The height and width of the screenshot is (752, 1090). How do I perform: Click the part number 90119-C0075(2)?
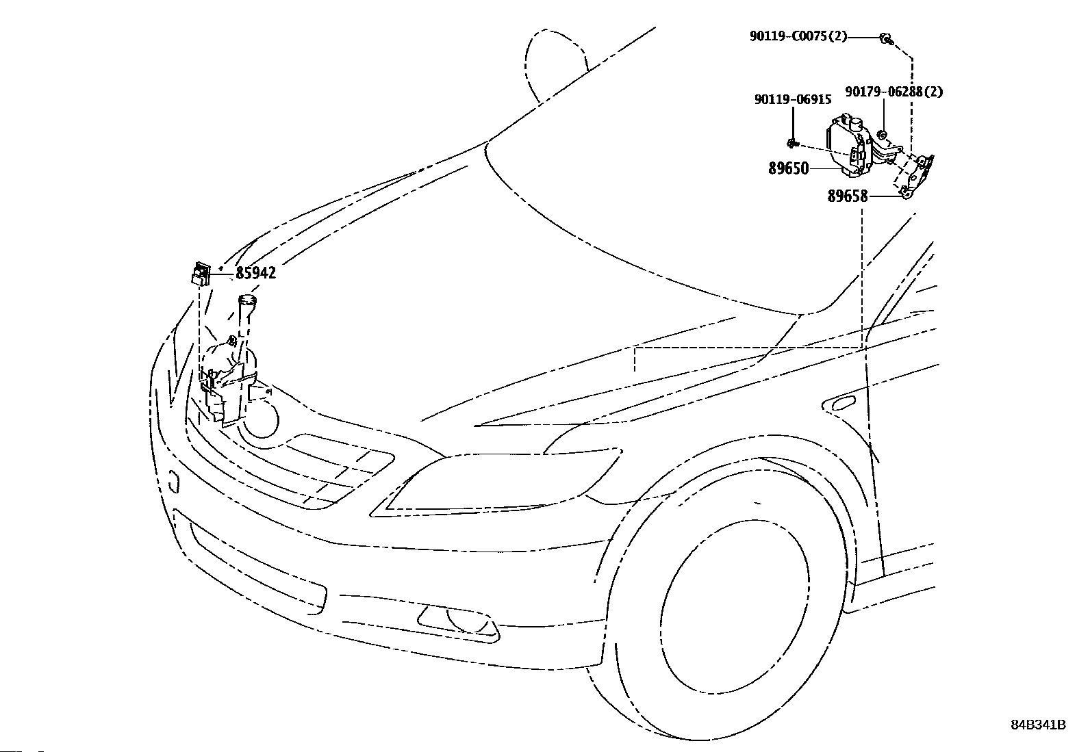click(798, 36)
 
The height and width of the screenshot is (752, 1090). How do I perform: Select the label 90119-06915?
click(793, 100)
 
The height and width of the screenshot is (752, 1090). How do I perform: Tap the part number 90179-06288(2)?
click(893, 92)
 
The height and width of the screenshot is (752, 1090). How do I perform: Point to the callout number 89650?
click(788, 168)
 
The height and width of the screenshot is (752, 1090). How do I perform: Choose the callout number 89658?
click(848, 196)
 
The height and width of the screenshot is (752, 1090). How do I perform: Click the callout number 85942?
click(255, 273)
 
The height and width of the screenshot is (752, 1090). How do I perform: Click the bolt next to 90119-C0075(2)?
click(885, 38)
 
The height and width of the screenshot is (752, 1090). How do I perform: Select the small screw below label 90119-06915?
click(792, 142)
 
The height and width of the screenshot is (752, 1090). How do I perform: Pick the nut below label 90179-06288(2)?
click(883, 133)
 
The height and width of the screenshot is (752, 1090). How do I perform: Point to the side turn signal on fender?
click(843, 403)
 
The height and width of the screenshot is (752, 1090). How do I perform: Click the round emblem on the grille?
click(261, 419)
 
